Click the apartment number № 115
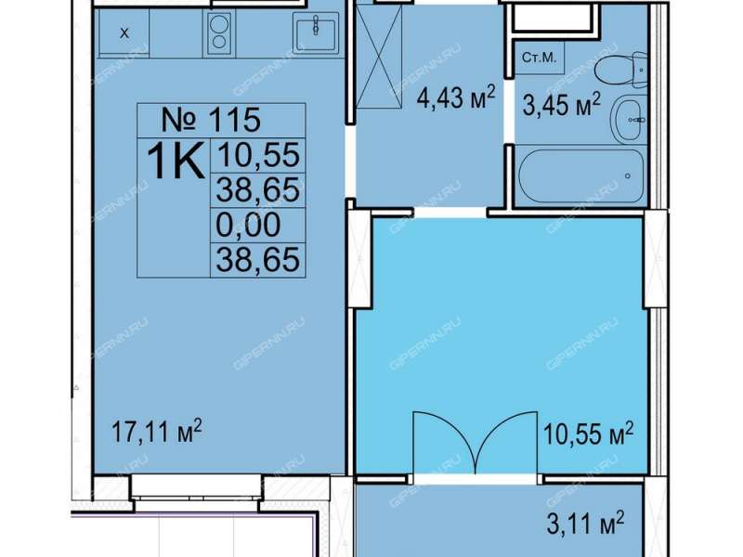pos(211,120)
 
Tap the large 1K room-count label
pos(176,161)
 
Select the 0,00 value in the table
pos(248,225)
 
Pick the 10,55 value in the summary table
pos(258,155)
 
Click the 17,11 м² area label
pos(157,431)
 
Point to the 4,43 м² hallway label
pos(456,98)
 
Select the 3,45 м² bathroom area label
pos(562,104)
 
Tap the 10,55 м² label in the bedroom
pos(588,434)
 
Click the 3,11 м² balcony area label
pos(586,523)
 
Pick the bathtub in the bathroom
pos(581,175)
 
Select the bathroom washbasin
pos(629,120)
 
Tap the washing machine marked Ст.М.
pos(540,58)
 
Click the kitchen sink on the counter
pos(316,32)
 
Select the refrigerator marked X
pos(124,33)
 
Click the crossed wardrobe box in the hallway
pos(378,57)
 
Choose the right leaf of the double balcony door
pos(507,444)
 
